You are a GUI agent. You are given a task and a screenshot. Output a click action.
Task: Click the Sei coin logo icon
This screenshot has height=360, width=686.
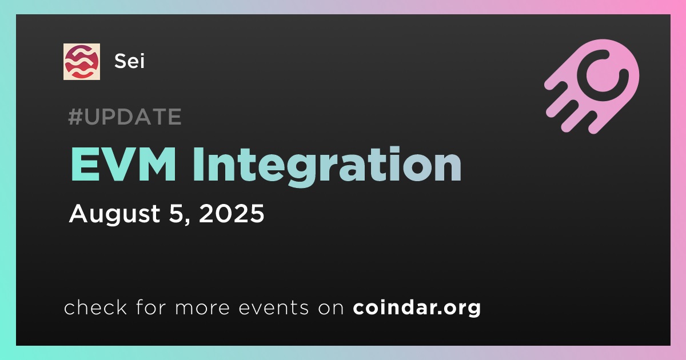click(x=81, y=62)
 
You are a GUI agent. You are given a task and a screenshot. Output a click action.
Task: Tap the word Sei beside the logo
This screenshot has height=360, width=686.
click(x=129, y=61)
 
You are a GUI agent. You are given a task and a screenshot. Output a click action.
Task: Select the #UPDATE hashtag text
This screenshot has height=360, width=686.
click(x=125, y=117)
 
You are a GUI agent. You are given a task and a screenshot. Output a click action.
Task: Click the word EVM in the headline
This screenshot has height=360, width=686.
click(x=123, y=165)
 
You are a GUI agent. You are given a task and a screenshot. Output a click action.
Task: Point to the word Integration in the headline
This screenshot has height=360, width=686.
click(x=327, y=167)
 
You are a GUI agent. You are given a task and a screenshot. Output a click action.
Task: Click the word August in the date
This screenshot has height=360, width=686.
click(x=114, y=214)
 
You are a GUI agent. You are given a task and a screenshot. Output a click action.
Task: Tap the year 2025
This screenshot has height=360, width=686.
click(x=232, y=213)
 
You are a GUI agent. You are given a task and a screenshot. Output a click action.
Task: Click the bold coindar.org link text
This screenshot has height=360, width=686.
click(x=417, y=308)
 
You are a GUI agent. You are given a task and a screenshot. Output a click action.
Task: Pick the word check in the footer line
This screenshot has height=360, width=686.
click(x=95, y=307)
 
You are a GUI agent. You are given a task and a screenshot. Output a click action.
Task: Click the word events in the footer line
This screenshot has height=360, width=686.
click(x=273, y=307)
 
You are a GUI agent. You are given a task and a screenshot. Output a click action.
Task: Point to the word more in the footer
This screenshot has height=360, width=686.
click(x=202, y=308)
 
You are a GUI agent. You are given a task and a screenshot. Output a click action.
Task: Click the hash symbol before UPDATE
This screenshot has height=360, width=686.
click(x=75, y=117)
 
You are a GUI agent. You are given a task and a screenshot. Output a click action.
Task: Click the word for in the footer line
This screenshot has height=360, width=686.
click(x=151, y=307)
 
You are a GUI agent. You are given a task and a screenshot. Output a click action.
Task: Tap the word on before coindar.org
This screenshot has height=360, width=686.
click(x=331, y=308)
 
